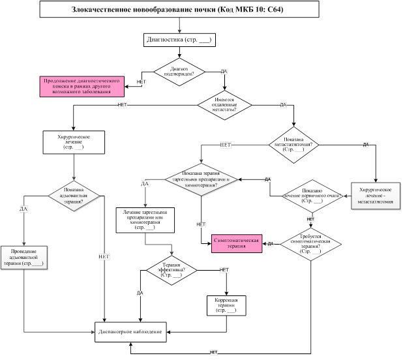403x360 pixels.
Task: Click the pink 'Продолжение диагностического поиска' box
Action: click(82, 86)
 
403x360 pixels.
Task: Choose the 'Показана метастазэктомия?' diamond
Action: click(293, 143)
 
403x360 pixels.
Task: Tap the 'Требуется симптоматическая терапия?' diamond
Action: click(310, 244)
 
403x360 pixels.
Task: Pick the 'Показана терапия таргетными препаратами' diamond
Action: click(201, 178)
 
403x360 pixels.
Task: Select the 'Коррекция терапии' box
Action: click(226, 306)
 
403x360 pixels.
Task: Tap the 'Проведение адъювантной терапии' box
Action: click(23, 259)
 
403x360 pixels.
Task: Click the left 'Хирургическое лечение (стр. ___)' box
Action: click(73, 143)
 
